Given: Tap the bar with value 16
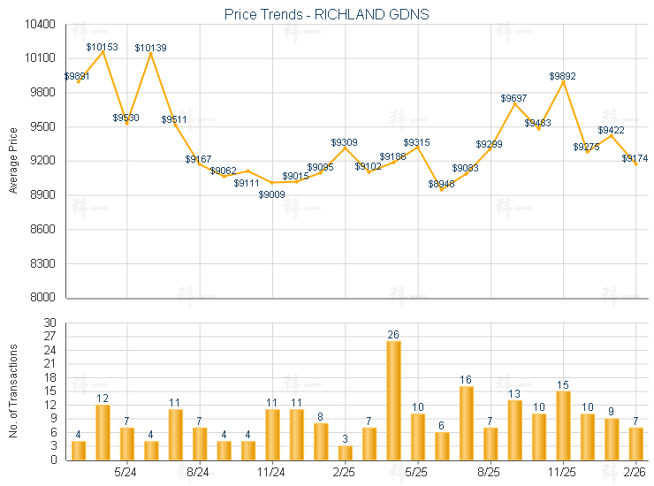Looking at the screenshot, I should coord(466,422).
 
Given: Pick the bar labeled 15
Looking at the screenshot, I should coord(563,425).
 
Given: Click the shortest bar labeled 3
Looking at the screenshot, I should coord(345,452).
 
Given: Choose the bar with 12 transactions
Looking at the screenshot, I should coord(103,432).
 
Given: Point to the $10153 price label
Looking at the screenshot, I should coord(102,46).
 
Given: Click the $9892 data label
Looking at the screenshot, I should coord(563,76).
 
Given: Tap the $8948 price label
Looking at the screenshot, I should coord(442,184).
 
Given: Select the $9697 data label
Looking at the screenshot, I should coord(514,97).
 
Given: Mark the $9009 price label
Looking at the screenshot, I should coord(271,194).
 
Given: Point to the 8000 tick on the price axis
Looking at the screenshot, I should coord(43,298).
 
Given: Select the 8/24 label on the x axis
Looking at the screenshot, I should coord(198,472).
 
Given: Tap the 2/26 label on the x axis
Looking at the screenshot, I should coord(635,472).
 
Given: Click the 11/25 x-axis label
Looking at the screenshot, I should coord(563,472).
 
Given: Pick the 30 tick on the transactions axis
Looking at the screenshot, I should coord(49,323).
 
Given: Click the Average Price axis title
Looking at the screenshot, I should coord(13,161).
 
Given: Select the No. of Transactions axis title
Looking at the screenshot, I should coord(13,391).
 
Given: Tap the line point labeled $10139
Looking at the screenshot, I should coord(150,52).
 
